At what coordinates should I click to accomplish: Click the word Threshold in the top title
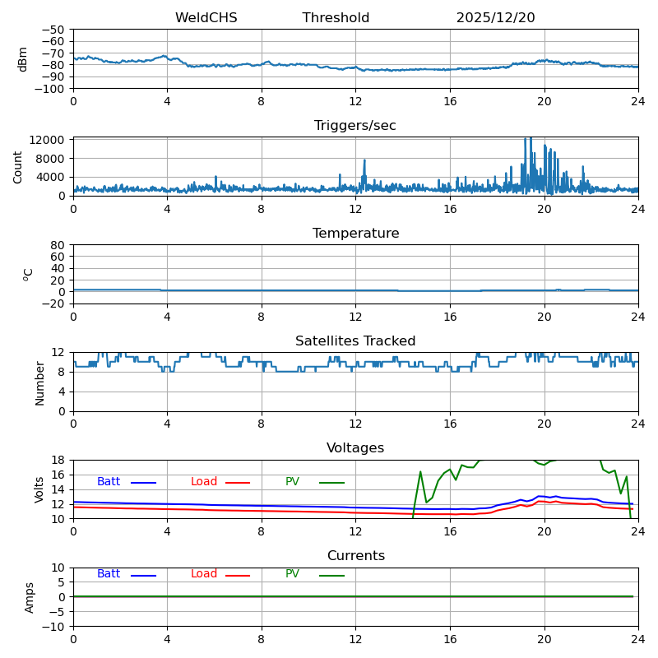(336, 18)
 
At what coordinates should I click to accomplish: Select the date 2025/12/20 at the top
(495, 18)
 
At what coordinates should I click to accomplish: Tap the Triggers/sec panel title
(355, 126)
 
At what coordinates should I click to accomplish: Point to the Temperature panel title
(355, 234)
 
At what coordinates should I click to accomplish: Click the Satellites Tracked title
(355, 341)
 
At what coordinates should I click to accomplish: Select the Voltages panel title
(355, 448)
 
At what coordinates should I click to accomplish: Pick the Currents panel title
(355, 556)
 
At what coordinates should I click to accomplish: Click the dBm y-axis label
(23, 59)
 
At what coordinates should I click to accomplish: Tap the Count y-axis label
(18, 166)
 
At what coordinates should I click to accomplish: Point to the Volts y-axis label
(39, 489)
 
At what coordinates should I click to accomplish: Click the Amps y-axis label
(30, 597)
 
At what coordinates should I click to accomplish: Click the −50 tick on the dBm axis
(53, 30)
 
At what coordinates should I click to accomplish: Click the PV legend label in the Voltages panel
(292, 482)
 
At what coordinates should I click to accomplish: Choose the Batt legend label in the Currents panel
(109, 574)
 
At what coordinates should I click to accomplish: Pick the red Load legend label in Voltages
(204, 482)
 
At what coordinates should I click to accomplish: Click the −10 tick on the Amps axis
(53, 627)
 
